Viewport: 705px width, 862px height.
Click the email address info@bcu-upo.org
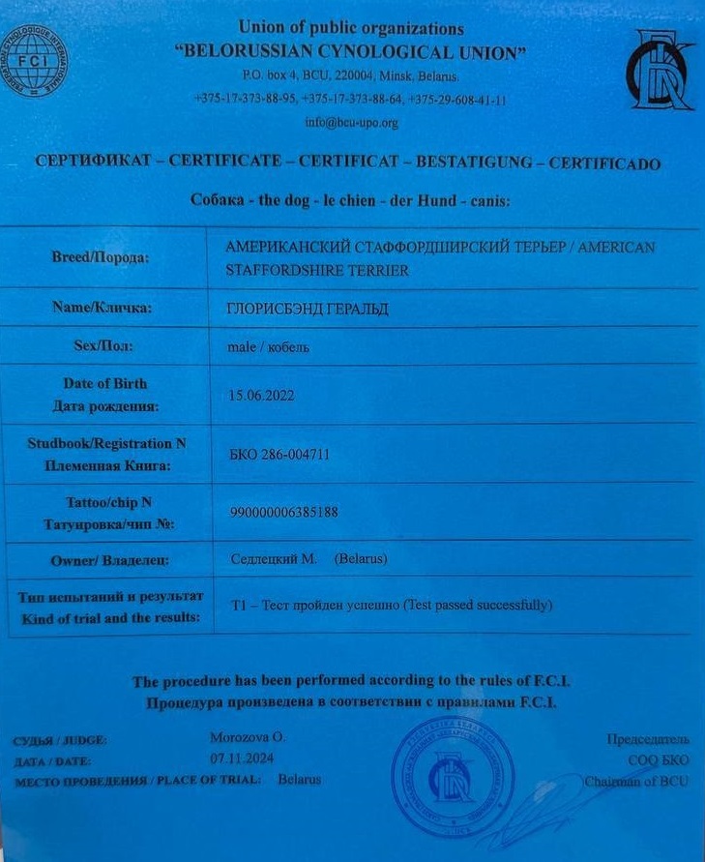pos(351,123)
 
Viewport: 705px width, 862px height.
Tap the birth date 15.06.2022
pos(260,395)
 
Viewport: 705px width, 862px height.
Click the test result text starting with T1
pos(392,606)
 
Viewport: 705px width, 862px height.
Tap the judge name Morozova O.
pos(248,737)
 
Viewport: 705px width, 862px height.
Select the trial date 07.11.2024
pos(238,758)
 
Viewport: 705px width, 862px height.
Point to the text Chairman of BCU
pos(636,781)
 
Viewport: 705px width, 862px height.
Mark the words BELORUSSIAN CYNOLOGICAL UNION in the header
pos(351,50)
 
